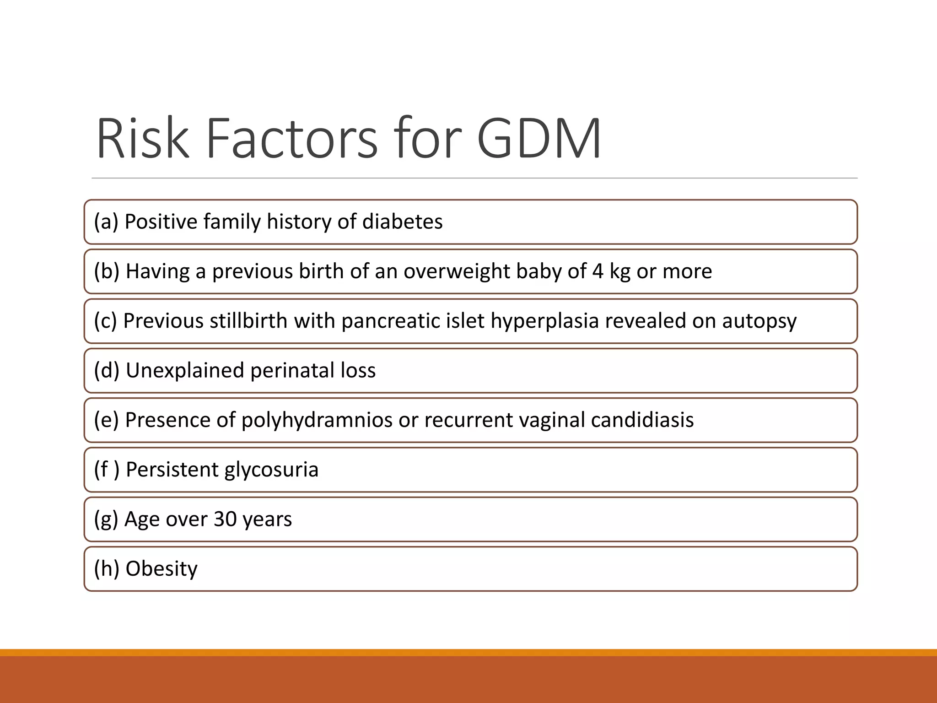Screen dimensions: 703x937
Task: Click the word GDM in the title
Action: tap(539, 138)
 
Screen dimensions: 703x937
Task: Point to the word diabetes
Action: tap(402, 222)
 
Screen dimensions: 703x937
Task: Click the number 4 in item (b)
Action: tap(598, 271)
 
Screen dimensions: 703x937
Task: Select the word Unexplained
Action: tap(185, 371)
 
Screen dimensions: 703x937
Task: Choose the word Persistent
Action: tap(172, 470)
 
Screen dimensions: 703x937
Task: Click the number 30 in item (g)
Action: tap(225, 519)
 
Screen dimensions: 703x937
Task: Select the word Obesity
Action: tap(162, 569)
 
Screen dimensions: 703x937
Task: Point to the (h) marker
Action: tap(107, 569)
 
